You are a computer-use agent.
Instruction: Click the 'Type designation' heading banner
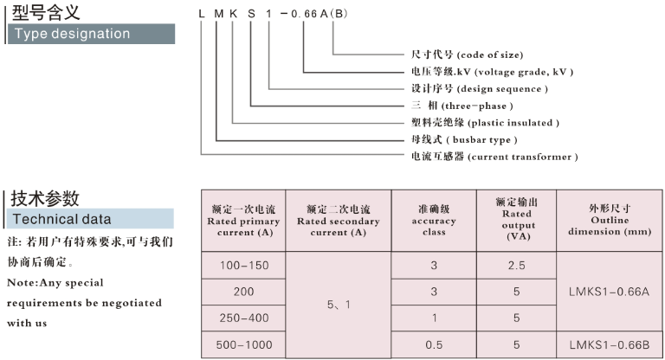[90, 34]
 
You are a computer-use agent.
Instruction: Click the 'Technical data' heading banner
[90, 218]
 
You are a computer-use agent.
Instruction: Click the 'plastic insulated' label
[485, 123]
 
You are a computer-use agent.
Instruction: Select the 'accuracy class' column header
[433, 221]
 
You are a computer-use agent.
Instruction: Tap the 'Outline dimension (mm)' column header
[610, 221]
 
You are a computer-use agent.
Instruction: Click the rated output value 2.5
[516, 264]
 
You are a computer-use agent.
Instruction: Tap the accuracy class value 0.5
[433, 345]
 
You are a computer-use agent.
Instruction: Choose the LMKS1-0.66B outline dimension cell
[610, 345]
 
